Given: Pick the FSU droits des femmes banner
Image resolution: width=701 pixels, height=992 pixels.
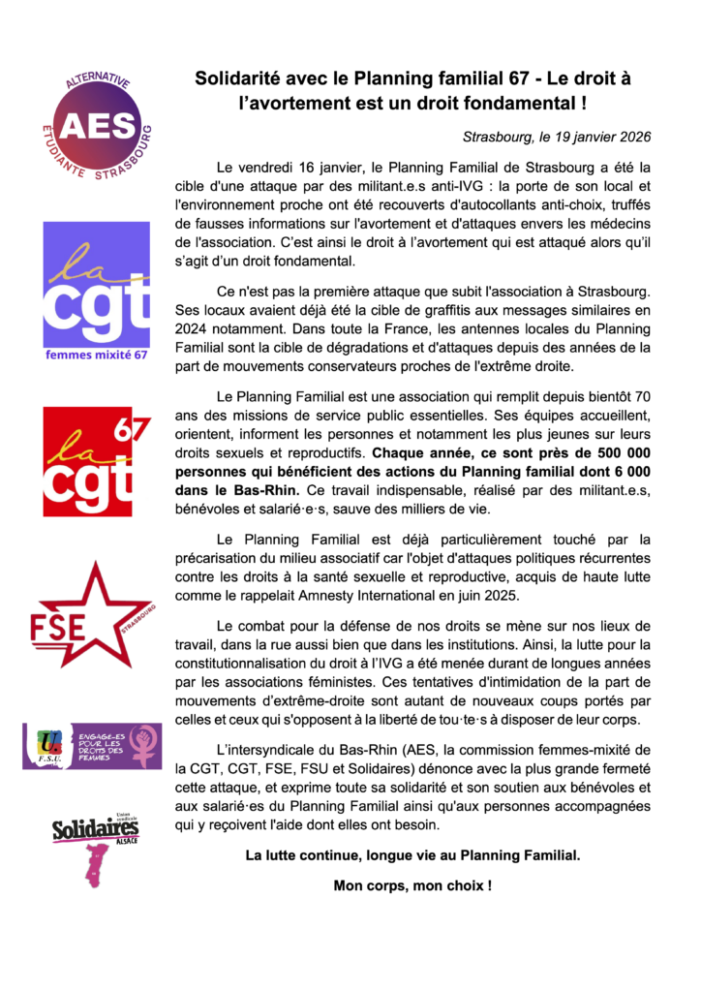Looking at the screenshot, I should tap(92, 745).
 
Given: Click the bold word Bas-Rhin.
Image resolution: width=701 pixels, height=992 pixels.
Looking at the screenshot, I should tap(261, 489).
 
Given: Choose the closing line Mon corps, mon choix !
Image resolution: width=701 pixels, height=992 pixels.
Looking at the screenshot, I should tap(412, 885).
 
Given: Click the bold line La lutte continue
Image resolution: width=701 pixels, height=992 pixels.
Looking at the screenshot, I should tap(412, 855).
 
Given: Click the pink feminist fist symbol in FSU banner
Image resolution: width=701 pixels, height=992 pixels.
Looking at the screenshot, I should tap(144, 745).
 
